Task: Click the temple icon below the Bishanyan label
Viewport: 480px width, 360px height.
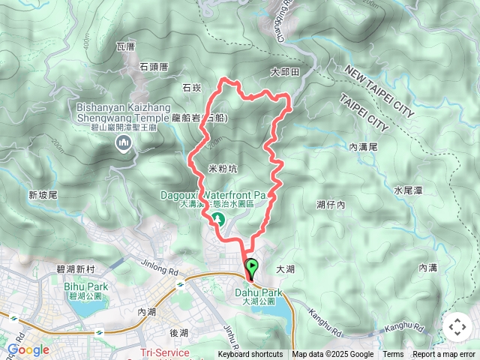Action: (x=122, y=146)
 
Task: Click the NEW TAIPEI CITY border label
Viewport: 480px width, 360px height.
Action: (x=379, y=91)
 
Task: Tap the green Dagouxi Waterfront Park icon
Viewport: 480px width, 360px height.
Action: (x=220, y=219)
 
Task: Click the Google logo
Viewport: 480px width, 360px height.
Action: (x=28, y=349)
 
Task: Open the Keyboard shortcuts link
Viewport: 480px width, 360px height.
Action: (x=250, y=355)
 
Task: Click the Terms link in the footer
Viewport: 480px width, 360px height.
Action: (x=393, y=355)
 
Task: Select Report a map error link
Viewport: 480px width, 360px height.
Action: (x=445, y=355)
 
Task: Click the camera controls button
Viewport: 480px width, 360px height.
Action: (x=457, y=326)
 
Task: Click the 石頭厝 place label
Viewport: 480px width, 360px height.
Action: (x=154, y=66)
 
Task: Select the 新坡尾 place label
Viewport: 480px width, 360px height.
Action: (x=43, y=195)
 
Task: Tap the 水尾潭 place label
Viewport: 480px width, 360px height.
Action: (x=408, y=190)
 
